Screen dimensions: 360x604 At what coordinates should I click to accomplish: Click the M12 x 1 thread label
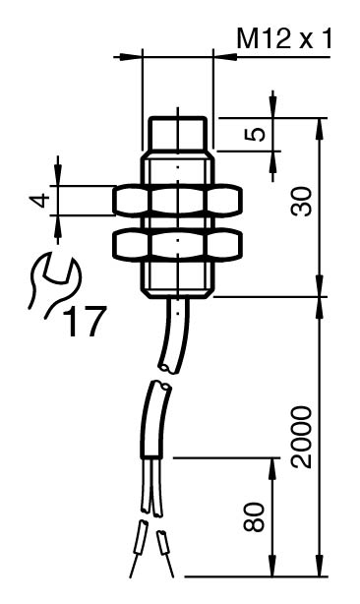point(283,38)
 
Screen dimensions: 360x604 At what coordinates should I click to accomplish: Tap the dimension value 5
point(256,134)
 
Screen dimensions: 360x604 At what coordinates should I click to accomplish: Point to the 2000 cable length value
point(300,437)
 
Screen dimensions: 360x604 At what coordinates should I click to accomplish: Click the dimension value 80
point(254,517)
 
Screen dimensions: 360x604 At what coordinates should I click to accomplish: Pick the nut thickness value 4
point(40,201)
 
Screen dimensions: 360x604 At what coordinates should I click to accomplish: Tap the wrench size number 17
point(84,321)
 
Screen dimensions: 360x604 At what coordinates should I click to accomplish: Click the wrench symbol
point(54,283)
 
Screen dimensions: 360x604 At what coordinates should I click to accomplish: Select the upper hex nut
point(177,201)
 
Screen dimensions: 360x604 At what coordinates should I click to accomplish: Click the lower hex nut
point(177,245)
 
